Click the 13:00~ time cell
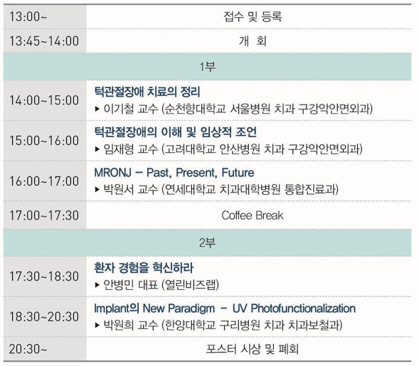pos(28,16)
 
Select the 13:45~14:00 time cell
pos(44,41)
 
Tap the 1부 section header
pos(207,67)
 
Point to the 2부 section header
pos(207,242)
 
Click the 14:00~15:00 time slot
pos(44,100)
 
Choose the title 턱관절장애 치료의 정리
pos(147,92)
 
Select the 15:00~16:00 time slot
pos(44,141)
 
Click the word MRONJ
pos(113,173)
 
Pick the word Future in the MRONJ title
pos(238,173)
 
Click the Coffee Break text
pos(253,215)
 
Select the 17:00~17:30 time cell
pos(44,215)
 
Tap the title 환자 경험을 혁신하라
pos(144,268)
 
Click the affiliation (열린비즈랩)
pos(190,285)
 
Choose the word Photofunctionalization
pos(303,308)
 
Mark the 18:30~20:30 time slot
pos(44,317)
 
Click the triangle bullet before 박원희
pos(97,325)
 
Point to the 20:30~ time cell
pos(28,349)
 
